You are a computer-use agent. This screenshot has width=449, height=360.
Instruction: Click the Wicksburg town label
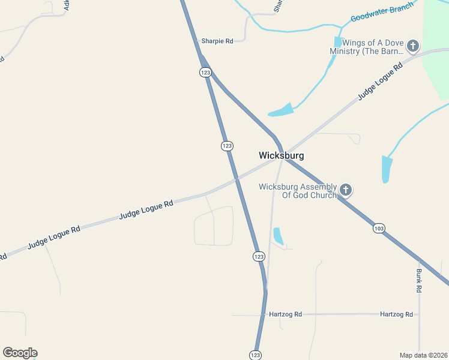click(281, 155)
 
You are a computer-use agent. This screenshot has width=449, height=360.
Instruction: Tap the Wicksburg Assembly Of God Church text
click(298, 191)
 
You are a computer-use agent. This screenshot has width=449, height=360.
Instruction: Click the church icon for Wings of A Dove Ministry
click(412, 46)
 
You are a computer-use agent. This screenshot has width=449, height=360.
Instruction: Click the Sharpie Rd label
click(217, 41)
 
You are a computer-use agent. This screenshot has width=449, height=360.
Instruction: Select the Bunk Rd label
click(418, 280)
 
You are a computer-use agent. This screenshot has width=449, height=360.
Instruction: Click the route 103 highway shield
click(378, 229)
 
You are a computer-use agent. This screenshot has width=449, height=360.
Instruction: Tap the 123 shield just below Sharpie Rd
click(205, 72)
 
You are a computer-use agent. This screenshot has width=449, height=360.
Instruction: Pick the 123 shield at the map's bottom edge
click(255, 355)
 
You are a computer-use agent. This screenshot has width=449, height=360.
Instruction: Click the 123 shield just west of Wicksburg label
click(227, 146)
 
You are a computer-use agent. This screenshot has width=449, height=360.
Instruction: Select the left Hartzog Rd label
click(285, 314)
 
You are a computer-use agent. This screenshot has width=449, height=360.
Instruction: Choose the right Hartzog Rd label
click(396, 314)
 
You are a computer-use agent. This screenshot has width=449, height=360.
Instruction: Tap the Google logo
click(20, 353)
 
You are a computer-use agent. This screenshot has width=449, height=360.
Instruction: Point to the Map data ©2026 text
click(423, 355)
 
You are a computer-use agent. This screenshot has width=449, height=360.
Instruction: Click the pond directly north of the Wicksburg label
click(282, 110)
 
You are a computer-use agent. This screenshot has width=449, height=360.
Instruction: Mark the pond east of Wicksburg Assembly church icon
click(387, 169)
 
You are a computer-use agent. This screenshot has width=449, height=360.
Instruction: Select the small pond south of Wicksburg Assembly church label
click(278, 236)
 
